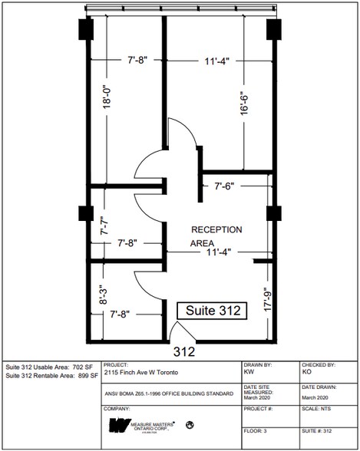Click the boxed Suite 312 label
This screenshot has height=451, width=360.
pyautogui.click(x=212, y=311)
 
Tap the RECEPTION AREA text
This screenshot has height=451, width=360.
pyautogui.click(x=216, y=236)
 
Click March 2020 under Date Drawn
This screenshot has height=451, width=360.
pyautogui.click(x=315, y=397)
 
